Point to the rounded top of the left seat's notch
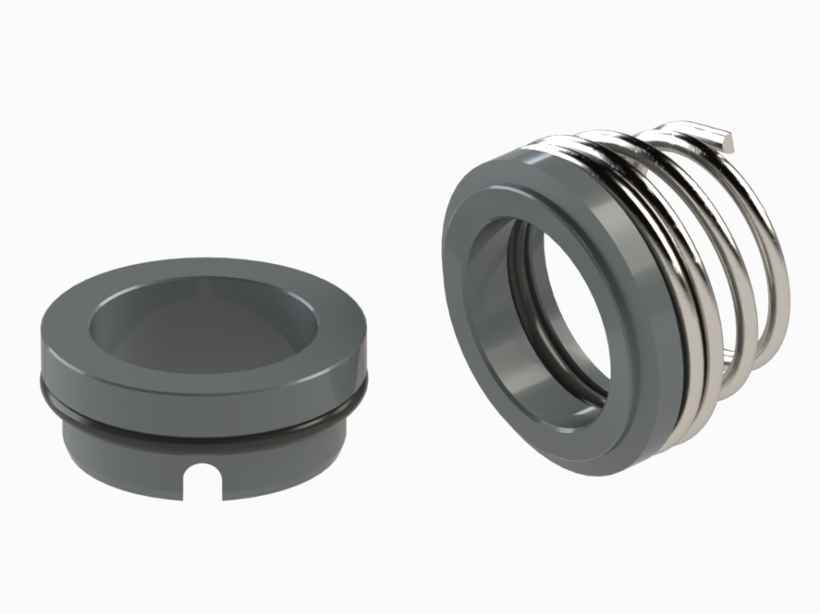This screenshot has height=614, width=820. pos(202,470)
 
